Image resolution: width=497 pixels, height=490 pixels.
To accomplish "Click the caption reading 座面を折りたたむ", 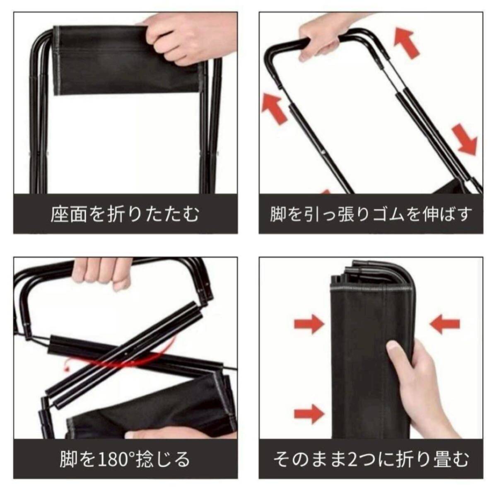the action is (x=125, y=214).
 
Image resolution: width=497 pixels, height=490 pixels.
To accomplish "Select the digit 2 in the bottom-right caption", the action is (x=352, y=459).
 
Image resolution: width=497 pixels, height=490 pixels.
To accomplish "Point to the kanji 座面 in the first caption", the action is (x=69, y=214).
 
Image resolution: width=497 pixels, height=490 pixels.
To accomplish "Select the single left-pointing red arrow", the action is (x=445, y=324).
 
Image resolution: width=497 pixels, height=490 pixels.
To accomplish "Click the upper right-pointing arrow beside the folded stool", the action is (x=309, y=324).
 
